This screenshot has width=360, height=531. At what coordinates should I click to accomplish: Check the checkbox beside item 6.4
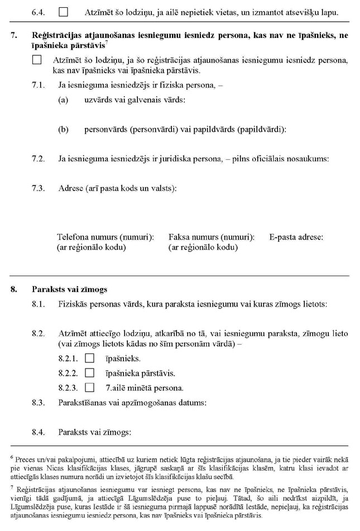click(64, 11)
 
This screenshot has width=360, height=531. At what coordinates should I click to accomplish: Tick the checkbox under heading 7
click(37, 60)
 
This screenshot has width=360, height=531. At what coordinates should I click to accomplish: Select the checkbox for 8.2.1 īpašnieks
click(89, 358)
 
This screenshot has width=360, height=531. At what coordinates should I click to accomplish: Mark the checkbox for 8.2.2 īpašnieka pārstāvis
click(89, 373)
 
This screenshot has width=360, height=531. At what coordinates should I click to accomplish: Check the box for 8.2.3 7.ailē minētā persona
click(89, 388)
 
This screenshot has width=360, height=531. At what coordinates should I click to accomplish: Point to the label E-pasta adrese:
click(296, 237)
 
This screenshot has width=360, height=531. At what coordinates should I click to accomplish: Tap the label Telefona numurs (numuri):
click(105, 237)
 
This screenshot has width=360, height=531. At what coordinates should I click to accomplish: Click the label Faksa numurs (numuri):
click(211, 237)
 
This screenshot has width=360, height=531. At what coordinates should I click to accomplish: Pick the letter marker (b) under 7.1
click(63, 130)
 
